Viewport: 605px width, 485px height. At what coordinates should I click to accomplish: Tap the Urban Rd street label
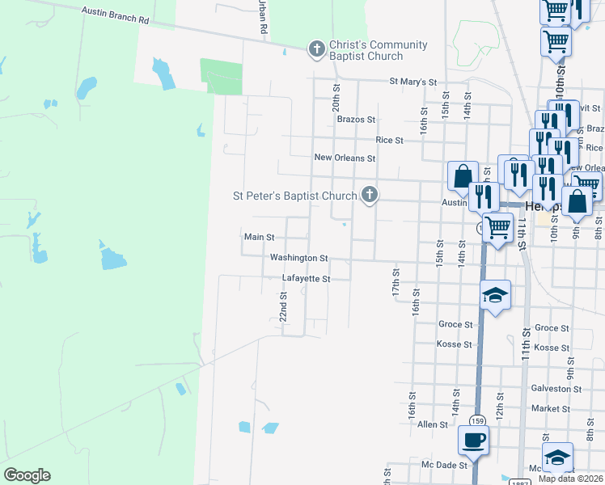pos(263,16)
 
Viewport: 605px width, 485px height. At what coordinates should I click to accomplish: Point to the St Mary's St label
pos(412,82)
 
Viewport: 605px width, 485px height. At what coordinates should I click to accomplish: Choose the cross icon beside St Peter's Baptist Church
pos(370,195)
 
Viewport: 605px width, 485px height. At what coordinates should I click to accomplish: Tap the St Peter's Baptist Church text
pos(294,196)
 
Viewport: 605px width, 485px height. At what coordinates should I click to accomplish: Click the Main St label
pos(260,238)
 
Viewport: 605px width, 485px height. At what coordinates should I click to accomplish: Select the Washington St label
pos(298,258)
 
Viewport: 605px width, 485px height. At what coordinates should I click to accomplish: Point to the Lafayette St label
pos(306,279)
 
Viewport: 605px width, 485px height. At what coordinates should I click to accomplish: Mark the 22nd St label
pos(284,307)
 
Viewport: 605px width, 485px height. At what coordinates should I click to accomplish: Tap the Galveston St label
pos(556,389)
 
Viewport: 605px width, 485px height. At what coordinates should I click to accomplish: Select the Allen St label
pos(433,424)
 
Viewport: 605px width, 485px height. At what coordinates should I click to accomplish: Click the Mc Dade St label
pos(445,466)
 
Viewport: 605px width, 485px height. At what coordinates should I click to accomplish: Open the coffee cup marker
pos(473,440)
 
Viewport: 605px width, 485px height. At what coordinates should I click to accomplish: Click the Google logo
pos(27,475)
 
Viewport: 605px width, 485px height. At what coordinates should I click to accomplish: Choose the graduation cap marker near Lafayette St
pos(496,294)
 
